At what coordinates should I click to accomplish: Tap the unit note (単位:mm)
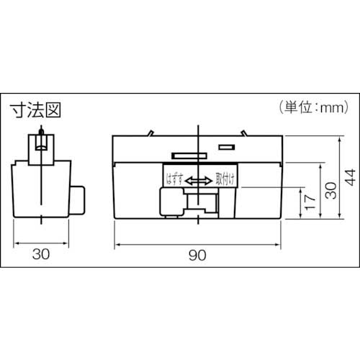coord(314,108)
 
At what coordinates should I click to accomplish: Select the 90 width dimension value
coord(197,255)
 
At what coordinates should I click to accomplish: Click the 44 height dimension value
coord(350,177)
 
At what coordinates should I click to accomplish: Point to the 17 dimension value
coord(310,202)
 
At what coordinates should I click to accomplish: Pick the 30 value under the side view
coord(41,254)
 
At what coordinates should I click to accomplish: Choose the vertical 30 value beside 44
coord(331,191)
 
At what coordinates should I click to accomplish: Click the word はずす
coord(175,179)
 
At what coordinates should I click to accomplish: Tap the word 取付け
coord(225,179)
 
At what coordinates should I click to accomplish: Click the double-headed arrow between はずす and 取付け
coord(199,181)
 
